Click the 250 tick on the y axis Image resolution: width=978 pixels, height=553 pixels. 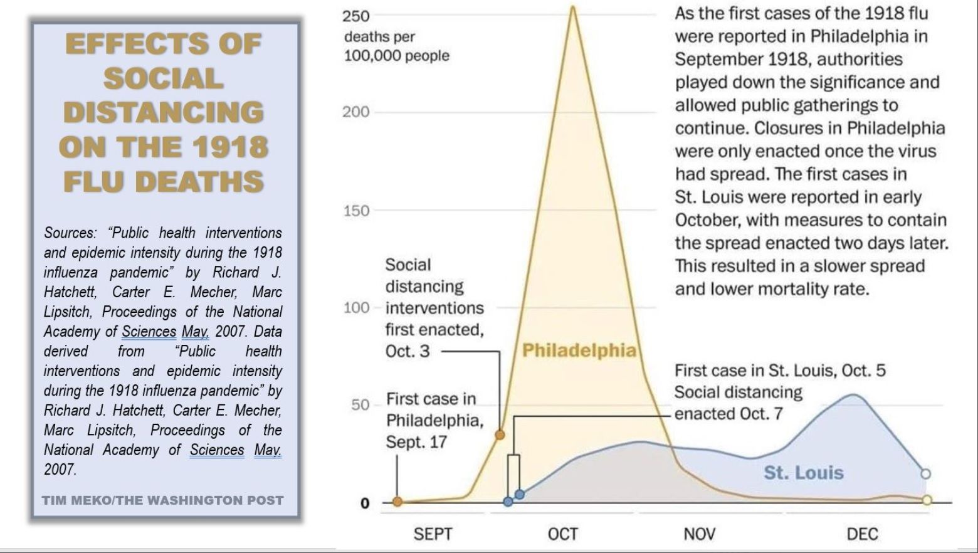click(x=355, y=16)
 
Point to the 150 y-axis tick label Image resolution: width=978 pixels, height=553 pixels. click(x=355, y=211)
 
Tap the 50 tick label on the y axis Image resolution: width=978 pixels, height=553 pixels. click(x=360, y=405)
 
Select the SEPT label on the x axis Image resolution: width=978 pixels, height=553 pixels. click(x=433, y=534)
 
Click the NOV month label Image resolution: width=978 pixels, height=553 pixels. click(x=699, y=534)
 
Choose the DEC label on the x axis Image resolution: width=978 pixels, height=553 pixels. click(x=862, y=534)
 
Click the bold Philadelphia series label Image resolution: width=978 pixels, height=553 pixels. click(x=579, y=350)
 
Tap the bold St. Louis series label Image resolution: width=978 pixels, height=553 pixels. click(x=803, y=472)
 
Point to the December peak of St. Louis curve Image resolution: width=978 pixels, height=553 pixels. click(x=853, y=394)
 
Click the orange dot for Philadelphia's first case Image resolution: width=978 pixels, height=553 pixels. click(x=397, y=501)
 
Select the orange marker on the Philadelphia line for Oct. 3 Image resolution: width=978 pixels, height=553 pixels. click(x=500, y=434)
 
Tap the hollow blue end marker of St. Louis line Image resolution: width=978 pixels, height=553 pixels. click(x=925, y=473)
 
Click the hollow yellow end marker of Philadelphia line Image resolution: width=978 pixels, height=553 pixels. click(x=927, y=500)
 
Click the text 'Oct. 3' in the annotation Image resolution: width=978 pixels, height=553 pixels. click(x=407, y=351)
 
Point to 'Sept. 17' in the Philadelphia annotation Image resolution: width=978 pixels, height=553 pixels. click(x=416, y=442)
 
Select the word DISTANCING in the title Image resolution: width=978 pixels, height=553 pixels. click(x=164, y=113)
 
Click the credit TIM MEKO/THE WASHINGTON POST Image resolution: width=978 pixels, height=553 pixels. click(x=163, y=500)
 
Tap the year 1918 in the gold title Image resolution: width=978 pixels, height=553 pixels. click(x=229, y=147)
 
